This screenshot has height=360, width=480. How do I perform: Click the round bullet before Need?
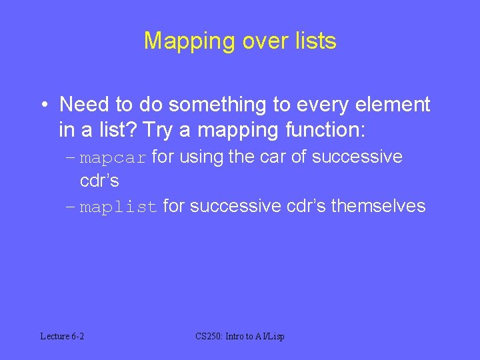point(43,105)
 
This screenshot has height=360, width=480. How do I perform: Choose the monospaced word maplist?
point(119,207)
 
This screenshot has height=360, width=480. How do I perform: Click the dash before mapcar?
point(71,158)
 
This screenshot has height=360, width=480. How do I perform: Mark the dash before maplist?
point(71,207)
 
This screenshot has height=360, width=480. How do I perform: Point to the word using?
point(200,157)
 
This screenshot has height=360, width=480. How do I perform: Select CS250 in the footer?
point(209,337)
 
